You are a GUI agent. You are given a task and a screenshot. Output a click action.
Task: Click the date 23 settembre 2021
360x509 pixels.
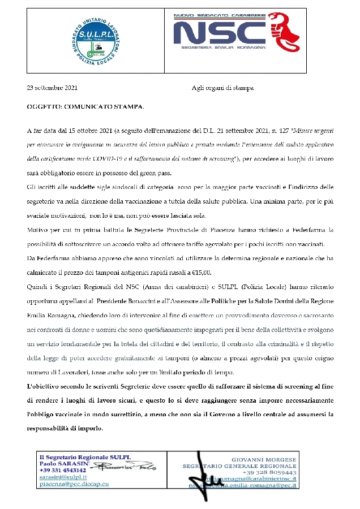coord(52,88)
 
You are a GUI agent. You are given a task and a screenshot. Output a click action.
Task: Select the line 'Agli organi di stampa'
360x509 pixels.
coord(222,88)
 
